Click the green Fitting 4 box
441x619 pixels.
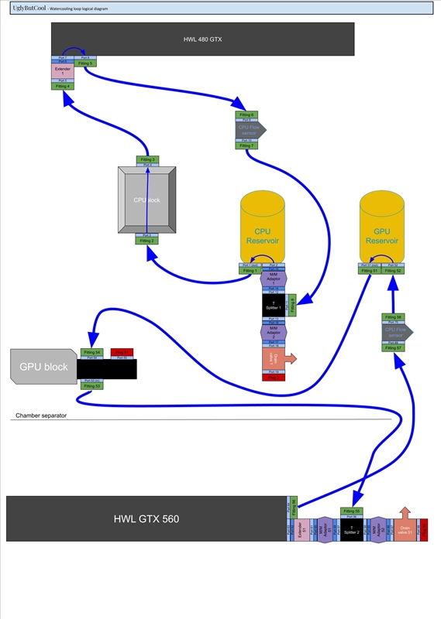tap(62, 86)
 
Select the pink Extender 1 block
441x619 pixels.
tap(62, 71)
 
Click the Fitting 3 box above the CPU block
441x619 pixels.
tap(147, 159)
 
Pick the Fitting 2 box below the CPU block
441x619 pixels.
tap(147, 241)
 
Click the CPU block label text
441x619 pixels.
tap(146, 200)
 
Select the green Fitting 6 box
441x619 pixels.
tap(246, 115)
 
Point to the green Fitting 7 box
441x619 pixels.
tap(246, 145)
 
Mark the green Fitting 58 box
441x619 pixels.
tap(394, 317)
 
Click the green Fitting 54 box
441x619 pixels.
tap(92, 352)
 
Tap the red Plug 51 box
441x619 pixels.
tap(122, 352)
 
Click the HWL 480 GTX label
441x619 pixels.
tap(202, 39)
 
